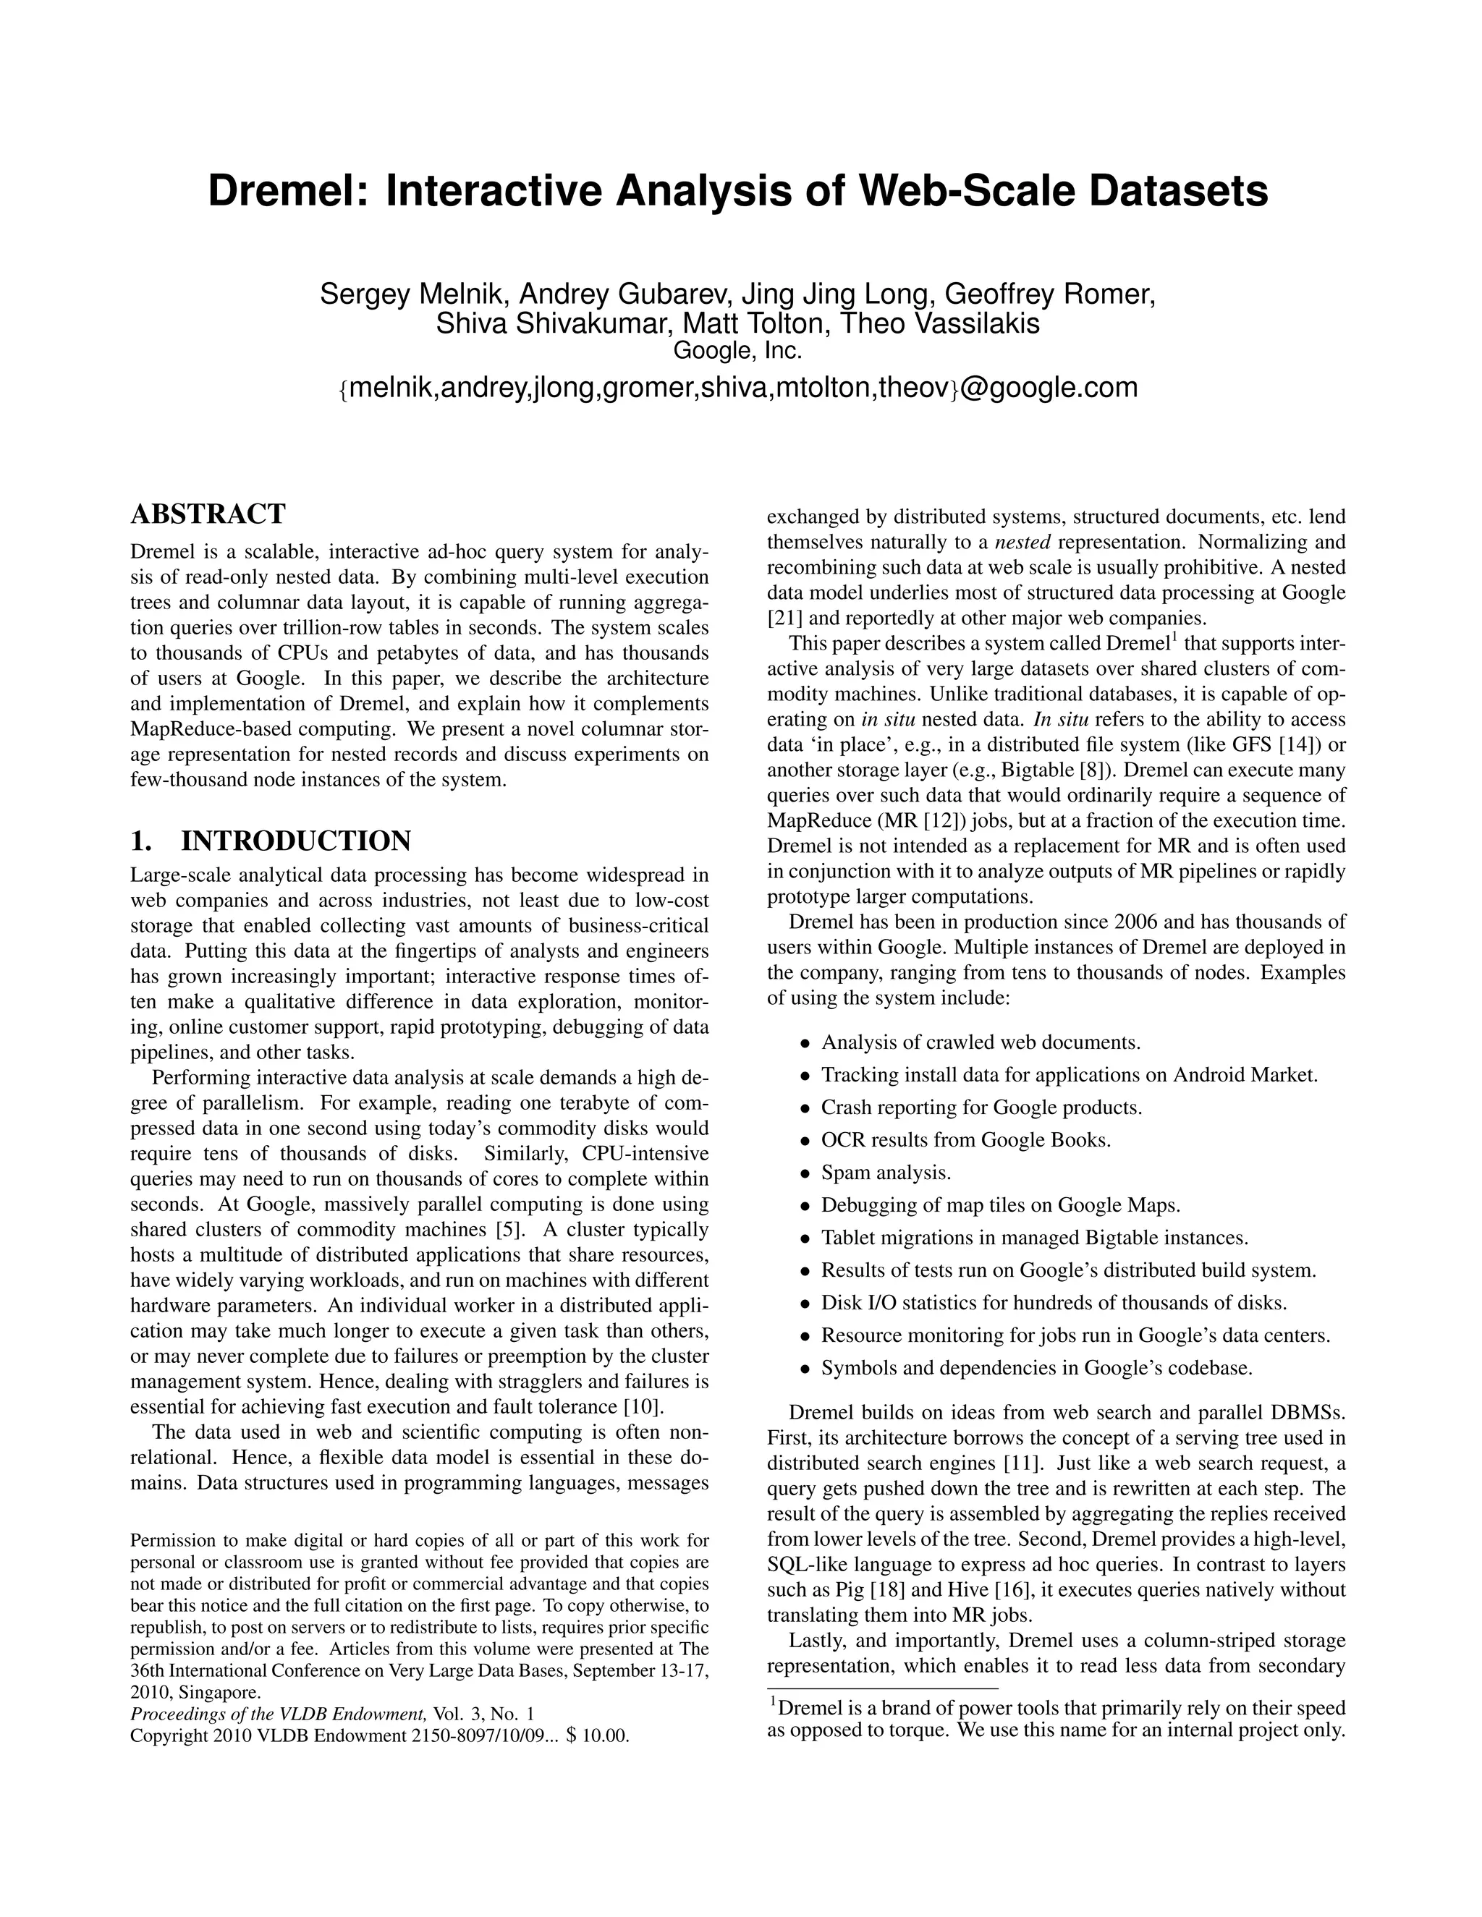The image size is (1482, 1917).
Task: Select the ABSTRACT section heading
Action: (x=208, y=514)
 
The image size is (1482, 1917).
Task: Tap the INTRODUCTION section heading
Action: (x=295, y=841)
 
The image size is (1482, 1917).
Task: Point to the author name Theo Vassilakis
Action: (x=939, y=324)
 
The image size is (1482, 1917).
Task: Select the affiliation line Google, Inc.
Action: (x=737, y=351)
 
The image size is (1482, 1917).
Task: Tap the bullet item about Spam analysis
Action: (x=885, y=1173)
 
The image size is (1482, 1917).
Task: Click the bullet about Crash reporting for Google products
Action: (x=981, y=1108)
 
